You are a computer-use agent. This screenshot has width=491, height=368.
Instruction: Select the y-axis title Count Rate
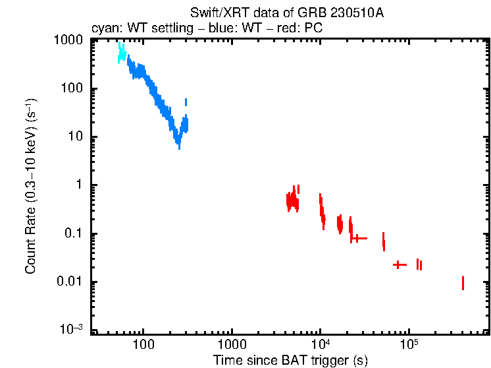coord(31,186)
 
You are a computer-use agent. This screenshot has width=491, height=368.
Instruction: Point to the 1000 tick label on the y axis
coord(68,40)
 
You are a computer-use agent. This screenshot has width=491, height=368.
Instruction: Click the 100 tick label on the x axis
coord(143,344)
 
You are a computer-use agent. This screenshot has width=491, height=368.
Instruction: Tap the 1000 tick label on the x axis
coord(232,344)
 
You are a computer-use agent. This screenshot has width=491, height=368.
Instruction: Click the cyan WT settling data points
coord(121,53)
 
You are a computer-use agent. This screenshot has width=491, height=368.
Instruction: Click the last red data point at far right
coord(463,283)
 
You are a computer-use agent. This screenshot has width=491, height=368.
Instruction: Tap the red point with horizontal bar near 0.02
coord(399,264)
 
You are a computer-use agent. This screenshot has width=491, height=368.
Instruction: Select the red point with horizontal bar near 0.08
coord(357,238)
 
